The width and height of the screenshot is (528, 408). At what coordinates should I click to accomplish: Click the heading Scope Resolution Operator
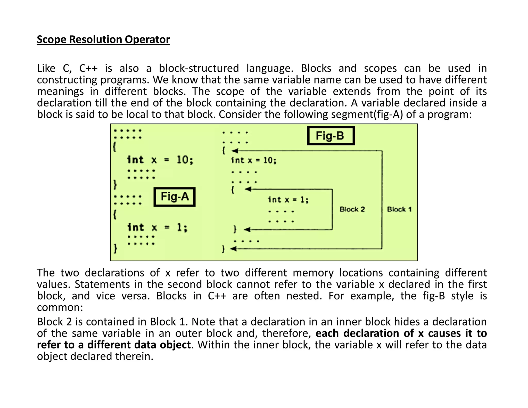(103, 39)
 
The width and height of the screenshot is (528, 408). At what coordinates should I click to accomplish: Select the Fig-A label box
(175, 197)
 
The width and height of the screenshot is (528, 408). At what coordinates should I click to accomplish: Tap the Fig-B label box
(331, 136)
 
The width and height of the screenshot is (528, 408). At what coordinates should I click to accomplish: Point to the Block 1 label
(399, 209)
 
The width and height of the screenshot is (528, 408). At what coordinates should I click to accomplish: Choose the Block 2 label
(352, 209)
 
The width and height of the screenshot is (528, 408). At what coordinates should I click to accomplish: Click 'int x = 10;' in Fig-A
(160, 160)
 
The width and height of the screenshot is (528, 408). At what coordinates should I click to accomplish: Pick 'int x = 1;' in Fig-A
(157, 227)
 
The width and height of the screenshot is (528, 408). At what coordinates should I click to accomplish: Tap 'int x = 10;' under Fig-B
(254, 160)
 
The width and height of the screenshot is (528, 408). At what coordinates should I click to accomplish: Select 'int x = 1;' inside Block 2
(288, 200)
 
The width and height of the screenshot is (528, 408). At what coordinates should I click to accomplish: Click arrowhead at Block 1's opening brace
(235, 151)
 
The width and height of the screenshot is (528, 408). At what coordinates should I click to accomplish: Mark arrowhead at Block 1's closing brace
(233, 249)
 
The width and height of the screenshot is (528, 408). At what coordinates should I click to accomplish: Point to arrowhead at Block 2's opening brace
(248, 189)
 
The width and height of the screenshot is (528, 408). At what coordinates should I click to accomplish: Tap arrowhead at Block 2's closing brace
(247, 229)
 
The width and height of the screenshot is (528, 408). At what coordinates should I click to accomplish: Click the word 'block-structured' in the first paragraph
(199, 68)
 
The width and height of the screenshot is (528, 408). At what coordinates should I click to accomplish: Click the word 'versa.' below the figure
(136, 296)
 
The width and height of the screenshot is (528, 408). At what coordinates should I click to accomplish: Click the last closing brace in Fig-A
(115, 249)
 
